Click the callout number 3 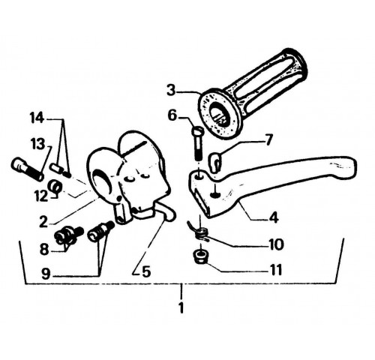click(171, 91)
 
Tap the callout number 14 click(37, 118)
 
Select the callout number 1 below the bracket click(181, 307)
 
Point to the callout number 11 click(276, 270)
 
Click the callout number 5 click(146, 271)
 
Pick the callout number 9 click(46, 274)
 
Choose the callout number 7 click(268, 140)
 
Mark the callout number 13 click(38, 145)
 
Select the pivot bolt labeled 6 click(197, 144)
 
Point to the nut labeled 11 click(200, 256)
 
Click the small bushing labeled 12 click(54, 186)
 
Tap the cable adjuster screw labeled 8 click(69, 234)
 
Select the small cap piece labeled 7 click(215, 161)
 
